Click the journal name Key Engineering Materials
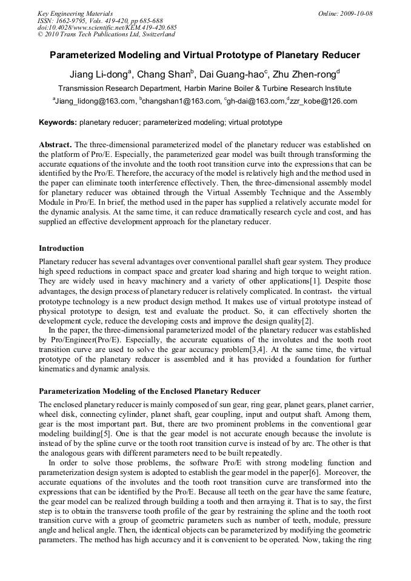75,13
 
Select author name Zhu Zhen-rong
306,75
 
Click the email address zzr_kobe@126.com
323,102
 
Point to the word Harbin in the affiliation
213,88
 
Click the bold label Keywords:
58,122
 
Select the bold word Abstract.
55,145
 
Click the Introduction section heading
61,248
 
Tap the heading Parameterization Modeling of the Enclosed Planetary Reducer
150,391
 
